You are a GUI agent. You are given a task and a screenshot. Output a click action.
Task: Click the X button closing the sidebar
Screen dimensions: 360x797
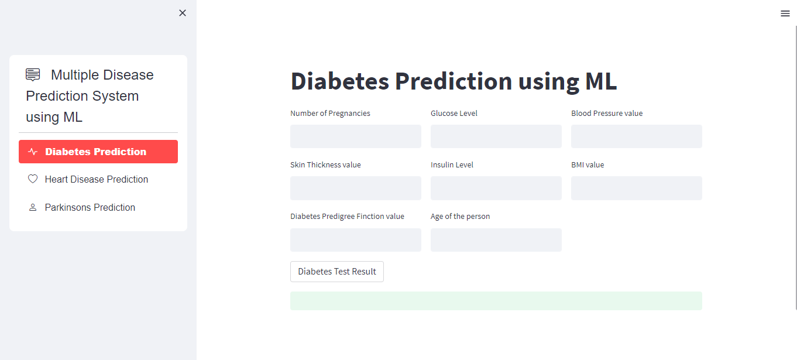pos(183,13)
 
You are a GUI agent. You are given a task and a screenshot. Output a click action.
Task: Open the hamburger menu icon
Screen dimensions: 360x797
pos(785,13)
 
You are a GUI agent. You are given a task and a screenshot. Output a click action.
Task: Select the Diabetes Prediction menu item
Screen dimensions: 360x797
pos(98,152)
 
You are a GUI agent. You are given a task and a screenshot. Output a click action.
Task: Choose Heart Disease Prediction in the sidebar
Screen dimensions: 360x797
pos(97,179)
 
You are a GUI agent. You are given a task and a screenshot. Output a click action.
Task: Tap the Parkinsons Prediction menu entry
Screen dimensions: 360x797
pos(90,207)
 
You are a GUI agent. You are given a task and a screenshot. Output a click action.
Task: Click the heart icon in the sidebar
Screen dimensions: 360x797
pos(33,179)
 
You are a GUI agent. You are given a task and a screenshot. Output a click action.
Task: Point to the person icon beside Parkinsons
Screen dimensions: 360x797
pos(33,207)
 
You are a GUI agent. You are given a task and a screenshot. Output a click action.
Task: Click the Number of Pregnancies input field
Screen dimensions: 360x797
pos(356,136)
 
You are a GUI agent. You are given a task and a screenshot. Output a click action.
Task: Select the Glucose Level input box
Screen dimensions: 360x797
pos(496,136)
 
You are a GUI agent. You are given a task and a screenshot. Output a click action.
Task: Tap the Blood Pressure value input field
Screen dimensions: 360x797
pos(637,136)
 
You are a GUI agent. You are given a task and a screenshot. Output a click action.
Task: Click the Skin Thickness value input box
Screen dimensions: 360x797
pos(356,188)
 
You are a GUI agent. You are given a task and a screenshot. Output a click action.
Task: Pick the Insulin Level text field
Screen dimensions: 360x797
pos(496,188)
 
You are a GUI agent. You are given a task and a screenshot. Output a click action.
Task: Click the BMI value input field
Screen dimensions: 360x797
pos(637,188)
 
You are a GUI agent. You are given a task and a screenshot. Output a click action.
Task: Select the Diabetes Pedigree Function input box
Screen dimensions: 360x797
pos(356,240)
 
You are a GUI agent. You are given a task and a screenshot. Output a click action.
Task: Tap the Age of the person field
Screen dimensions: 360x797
pos(496,240)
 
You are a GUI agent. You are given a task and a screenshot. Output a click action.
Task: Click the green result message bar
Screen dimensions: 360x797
pos(496,301)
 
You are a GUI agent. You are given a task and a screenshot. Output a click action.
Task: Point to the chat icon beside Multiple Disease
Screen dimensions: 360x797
pos(33,74)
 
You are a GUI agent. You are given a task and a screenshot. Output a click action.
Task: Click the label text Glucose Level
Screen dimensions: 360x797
pos(454,114)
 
